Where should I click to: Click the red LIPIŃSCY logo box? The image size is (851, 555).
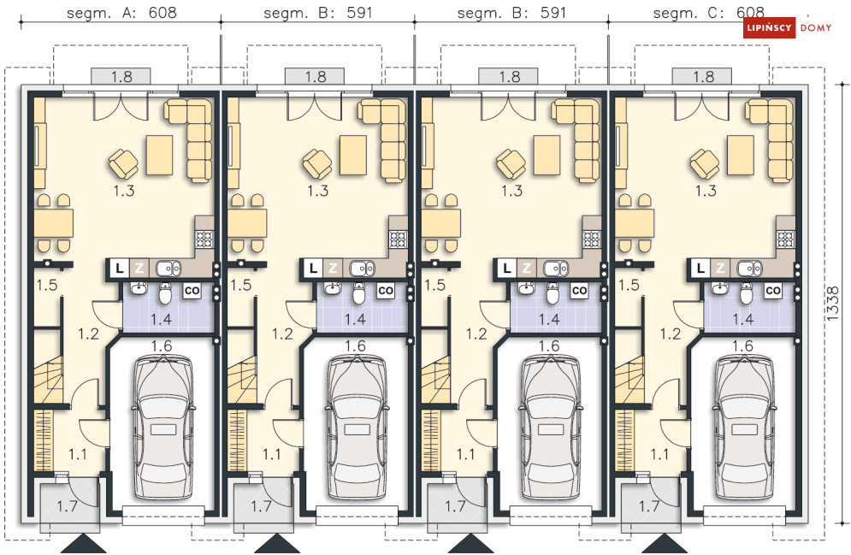click(769, 27)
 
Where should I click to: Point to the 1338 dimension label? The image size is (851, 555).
click(833, 304)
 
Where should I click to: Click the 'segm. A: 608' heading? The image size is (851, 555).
click(121, 13)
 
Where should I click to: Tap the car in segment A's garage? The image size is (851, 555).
click(163, 427)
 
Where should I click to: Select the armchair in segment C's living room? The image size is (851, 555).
click(705, 163)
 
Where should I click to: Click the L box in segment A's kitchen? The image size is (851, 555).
click(120, 268)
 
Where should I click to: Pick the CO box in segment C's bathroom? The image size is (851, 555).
click(773, 291)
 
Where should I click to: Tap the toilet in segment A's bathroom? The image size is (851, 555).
click(165, 293)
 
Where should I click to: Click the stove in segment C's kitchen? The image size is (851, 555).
click(785, 239)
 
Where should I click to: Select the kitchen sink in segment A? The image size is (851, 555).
click(168, 268)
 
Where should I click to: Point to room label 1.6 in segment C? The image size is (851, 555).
click(742, 346)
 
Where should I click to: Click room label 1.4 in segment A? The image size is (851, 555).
click(161, 319)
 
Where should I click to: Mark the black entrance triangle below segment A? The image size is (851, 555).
click(84, 544)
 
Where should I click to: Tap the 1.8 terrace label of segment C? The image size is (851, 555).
click(703, 77)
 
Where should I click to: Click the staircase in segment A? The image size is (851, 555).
click(49, 380)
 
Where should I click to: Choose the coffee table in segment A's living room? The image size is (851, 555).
click(160, 155)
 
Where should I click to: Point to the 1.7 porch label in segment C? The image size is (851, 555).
click(649, 506)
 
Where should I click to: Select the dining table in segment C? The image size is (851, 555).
click(635, 223)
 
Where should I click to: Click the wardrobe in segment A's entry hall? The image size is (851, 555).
click(44, 440)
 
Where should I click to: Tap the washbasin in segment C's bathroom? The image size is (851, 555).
click(720, 289)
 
